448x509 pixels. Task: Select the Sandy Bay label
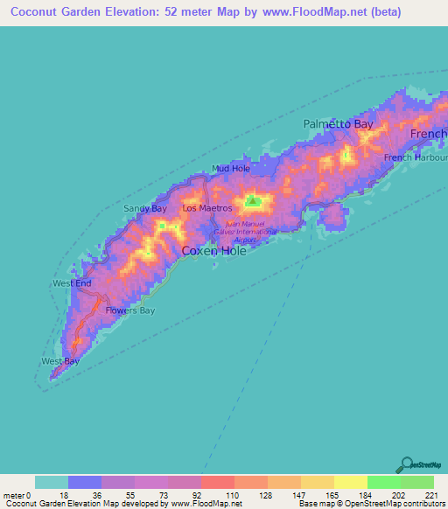click(144, 208)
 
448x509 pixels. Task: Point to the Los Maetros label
click(206, 208)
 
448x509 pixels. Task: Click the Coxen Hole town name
click(213, 251)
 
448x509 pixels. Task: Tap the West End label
click(72, 283)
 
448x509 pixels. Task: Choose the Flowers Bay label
click(129, 310)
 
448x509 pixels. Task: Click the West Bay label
click(60, 361)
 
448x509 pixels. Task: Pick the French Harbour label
click(416, 157)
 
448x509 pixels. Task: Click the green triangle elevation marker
click(253, 202)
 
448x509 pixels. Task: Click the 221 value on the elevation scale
click(431, 495)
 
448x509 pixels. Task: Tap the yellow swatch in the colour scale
click(350, 482)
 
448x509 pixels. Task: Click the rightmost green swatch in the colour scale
click(416, 482)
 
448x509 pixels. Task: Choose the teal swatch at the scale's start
click(52, 482)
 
